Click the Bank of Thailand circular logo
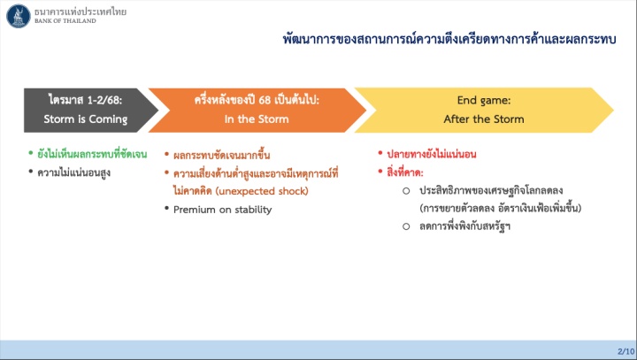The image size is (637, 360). tap(19, 16)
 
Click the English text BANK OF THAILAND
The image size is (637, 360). tap(65, 20)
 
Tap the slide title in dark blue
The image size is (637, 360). tap(449, 40)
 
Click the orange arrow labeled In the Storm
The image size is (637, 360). tap(257, 110)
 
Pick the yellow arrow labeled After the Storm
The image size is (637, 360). tap(484, 110)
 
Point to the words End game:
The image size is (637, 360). tap(484, 100)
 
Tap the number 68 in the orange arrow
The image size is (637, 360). tap(265, 100)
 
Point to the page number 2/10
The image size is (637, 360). tap(625, 351)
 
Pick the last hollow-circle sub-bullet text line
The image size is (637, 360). tap(464, 226)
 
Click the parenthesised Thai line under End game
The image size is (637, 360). tap(501, 209)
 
